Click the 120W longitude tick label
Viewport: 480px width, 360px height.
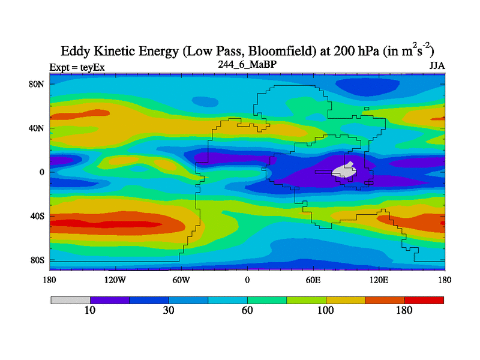(x=115, y=280)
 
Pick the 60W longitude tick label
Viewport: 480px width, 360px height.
(x=181, y=280)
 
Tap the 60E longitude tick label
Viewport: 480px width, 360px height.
(x=313, y=280)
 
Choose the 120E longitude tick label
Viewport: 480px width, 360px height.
(x=379, y=280)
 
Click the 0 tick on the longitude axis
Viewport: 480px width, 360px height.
(x=247, y=280)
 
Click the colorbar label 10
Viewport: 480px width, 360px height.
(x=90, y=310)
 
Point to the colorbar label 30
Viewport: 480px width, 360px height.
(x=169, y=310)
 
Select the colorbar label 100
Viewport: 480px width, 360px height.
(x=326, y=310)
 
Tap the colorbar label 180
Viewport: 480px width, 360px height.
(x=404, y=310)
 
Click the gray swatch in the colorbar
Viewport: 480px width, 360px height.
(x=70, y=299)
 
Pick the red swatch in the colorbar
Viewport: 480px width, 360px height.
(x=424, y=299)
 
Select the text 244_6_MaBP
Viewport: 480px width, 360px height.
(x=247, y=64)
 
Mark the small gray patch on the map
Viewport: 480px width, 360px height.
(x=344, y=171)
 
